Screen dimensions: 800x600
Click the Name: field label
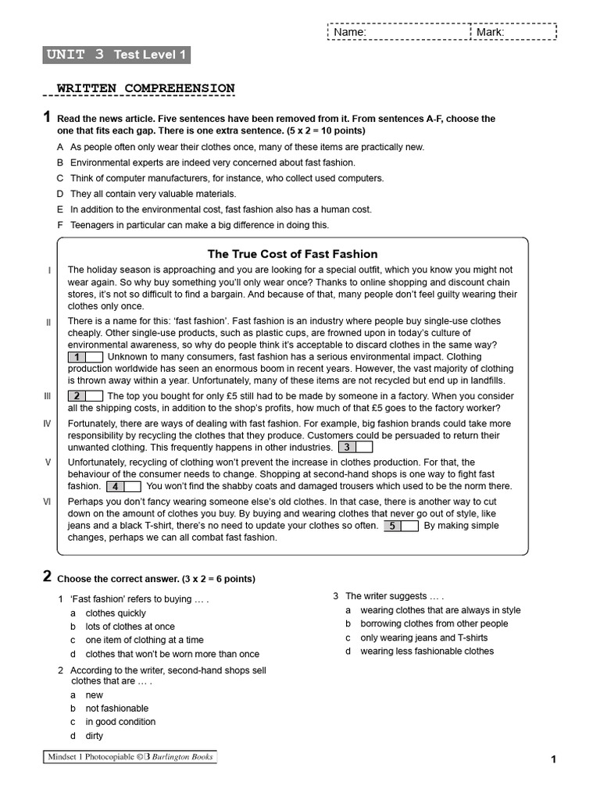click(350, 33)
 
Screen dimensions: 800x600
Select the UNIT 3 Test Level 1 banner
click(116, 55)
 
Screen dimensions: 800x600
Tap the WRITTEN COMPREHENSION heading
click(145, 88)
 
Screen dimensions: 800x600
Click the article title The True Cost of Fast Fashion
click(292, 254)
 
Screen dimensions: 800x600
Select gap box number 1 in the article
click(85, 357)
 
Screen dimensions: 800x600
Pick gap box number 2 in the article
click(85, 396)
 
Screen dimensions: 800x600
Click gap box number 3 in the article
click(355, 448)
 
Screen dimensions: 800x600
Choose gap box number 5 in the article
click(400, 526)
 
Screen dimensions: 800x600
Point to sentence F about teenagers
click(199, 225)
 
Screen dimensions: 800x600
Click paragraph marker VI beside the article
click(48, 502)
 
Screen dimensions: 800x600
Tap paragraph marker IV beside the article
click(48, 423)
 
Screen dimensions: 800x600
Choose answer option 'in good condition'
click(120, 722)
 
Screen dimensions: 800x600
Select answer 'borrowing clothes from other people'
click(434, 624)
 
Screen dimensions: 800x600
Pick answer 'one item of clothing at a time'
click(144, 640)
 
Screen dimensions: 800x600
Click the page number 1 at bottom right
click(553, 759)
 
